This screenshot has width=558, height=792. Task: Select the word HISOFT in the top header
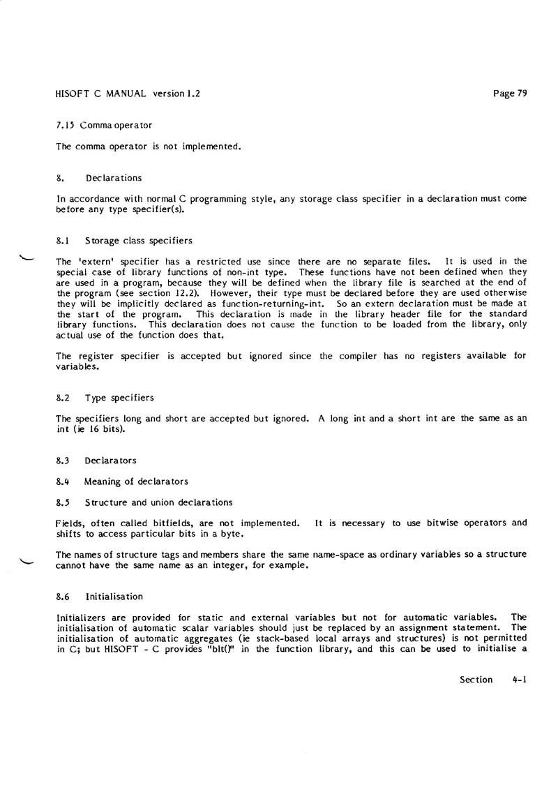73,94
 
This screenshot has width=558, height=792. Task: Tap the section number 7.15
65,125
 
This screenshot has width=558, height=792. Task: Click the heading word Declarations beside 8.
114,178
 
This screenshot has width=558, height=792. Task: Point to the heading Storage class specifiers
139,241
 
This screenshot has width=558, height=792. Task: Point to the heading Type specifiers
119,398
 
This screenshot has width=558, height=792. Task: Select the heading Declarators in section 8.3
110,461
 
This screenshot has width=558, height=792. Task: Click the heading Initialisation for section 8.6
114,597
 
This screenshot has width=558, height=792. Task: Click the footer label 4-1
518,680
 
